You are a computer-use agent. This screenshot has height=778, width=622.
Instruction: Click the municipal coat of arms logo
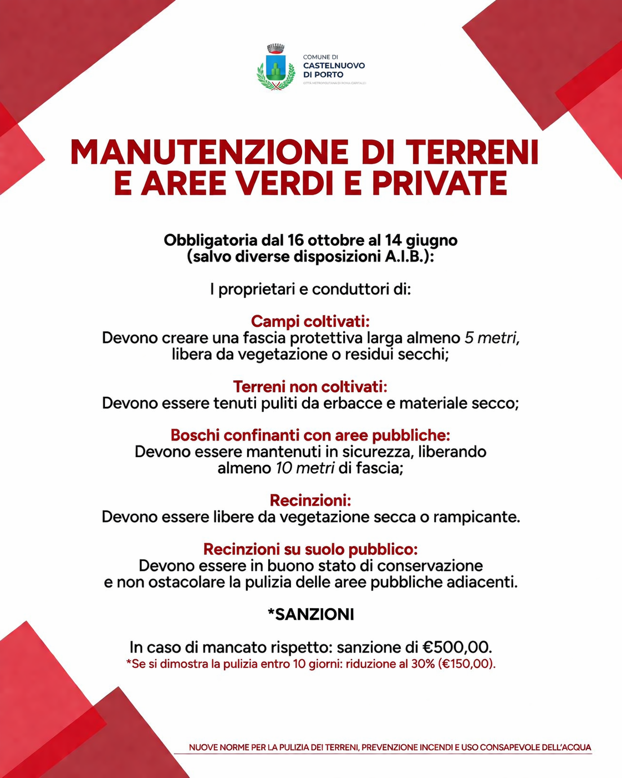pyautogui.click(x=276, y=68)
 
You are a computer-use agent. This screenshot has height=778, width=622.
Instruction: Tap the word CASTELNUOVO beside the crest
pyautogui.click(x=334, y=65)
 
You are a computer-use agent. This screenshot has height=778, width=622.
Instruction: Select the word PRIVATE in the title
pyautogui.click(x=441, y=184)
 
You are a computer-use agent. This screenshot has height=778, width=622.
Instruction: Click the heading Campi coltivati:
pyautogui.click(x=310, y=321)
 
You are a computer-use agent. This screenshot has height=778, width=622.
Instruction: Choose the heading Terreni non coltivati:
pyautogui.click(x=310, y=386)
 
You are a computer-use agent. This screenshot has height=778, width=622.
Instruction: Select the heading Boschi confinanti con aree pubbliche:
pyautogui.click(x=310, y=435)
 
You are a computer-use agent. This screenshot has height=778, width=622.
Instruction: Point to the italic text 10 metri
pyautogui.click(x=305, y=468)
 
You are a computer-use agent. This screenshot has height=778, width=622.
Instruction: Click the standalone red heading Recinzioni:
pyautogui.click(x=310, y=501)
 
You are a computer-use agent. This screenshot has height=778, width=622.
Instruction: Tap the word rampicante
pyautogui.click(x=476, y=517)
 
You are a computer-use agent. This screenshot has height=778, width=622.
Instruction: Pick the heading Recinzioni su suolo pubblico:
pyautogui.click(x=310, y=549)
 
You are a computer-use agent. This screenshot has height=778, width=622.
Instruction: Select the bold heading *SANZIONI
pyautogui.click(x=310, y=614)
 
